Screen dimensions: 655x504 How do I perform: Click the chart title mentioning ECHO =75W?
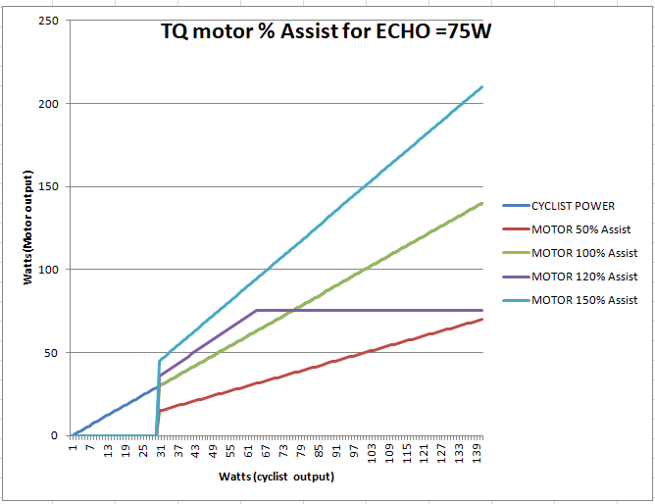326,31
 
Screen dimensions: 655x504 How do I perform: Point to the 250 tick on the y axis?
48,21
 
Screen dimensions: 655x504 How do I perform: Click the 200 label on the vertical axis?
48,104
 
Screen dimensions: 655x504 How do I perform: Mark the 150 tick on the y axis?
48,186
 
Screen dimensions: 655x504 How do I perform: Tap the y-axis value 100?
48,270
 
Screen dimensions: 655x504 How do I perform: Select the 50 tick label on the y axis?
52,352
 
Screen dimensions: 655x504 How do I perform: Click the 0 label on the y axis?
55,435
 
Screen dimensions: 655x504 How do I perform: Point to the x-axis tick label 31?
161,451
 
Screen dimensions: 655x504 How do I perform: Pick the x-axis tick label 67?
266,451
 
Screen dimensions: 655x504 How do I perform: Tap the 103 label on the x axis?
372,453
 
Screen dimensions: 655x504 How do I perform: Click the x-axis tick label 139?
477,453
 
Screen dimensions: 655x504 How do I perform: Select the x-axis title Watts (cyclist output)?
277,477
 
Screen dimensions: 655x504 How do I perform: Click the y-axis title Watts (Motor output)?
27,227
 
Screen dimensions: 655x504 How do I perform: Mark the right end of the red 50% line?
482,320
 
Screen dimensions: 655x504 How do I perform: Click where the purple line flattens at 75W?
257,310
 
